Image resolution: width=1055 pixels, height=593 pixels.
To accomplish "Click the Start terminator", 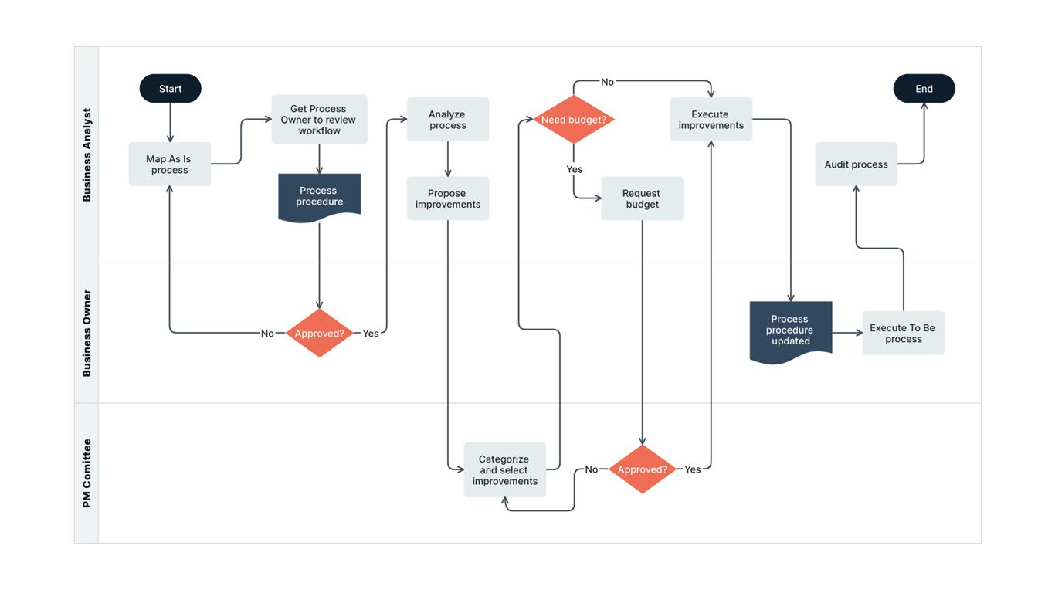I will [170, 89].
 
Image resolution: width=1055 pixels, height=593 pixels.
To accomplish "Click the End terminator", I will [924, 89].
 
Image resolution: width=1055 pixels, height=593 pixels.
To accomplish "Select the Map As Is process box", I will [170, 164].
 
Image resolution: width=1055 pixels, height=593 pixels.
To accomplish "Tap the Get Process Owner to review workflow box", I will [319, 120].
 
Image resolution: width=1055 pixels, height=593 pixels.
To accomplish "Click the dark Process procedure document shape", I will [319, 197].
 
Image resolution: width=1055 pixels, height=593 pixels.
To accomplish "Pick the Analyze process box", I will [448, 120].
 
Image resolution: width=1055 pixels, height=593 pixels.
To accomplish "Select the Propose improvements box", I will [448, 198].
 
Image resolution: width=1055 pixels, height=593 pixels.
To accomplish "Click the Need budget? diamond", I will [574, 120].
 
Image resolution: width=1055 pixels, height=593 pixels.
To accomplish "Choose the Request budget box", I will [642, 198].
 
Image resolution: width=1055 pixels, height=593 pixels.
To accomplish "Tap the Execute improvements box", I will [711, 120].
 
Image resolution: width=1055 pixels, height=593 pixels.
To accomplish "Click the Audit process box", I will [856, 164].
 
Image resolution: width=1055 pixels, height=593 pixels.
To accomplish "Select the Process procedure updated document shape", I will [790, 330].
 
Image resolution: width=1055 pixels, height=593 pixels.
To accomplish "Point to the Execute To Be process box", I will [903, 334].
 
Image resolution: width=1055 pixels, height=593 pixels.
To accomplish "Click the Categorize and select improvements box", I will [504, 469].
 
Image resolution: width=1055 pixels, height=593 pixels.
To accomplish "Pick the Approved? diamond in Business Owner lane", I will [319, 334].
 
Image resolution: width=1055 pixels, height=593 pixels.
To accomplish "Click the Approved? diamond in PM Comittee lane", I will [642, 469].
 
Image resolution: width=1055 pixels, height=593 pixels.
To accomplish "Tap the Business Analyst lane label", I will [87, 155].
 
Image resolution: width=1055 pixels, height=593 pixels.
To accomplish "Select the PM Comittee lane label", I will [87, 473].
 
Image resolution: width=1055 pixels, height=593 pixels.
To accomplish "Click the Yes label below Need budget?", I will [575, 169].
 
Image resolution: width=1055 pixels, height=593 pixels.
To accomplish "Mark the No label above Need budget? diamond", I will [607, 82].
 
